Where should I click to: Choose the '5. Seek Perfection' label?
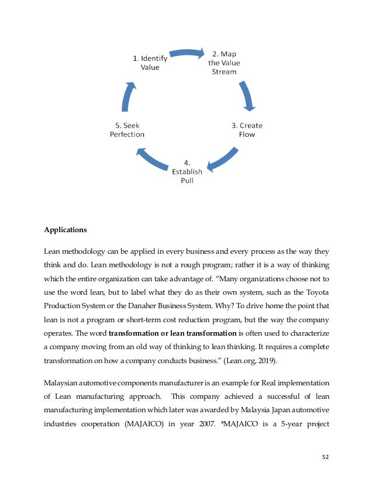[x=127, y=130]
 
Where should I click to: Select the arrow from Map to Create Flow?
[x=247, y=95]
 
